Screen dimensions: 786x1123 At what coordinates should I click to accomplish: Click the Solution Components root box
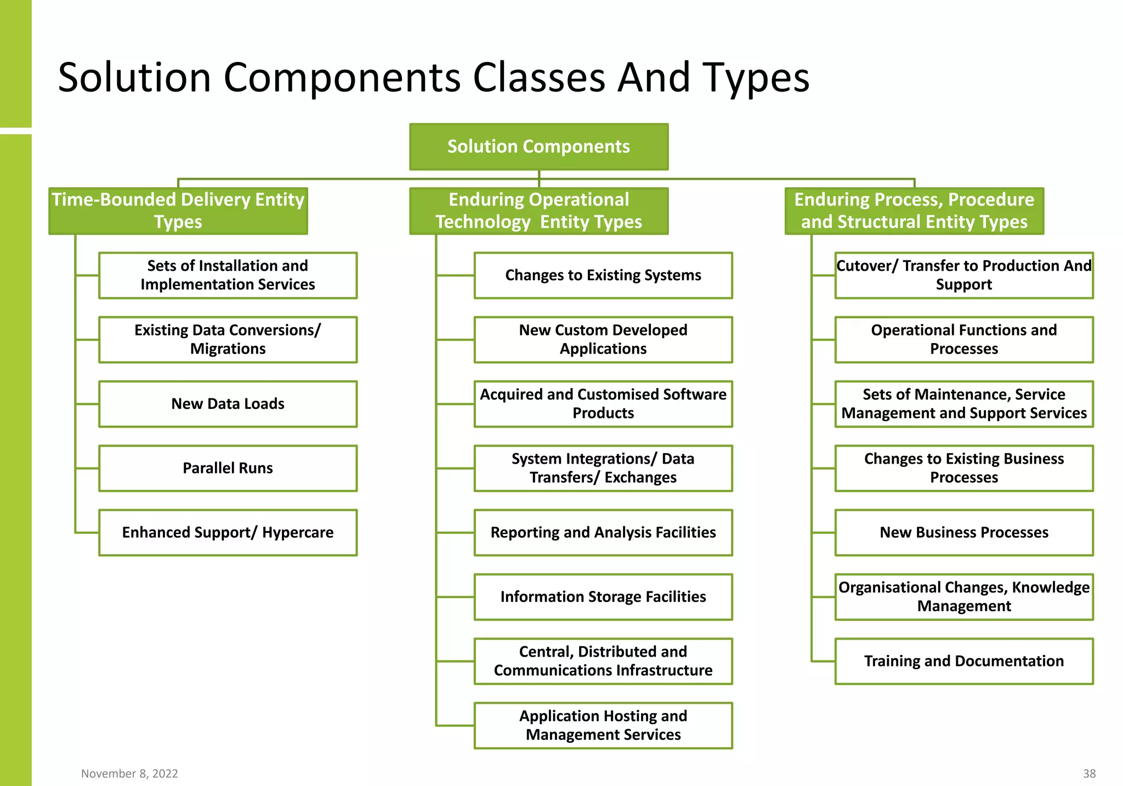[x=538, y=146]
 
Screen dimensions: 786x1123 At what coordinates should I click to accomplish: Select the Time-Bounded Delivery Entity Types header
[x=178, y=211]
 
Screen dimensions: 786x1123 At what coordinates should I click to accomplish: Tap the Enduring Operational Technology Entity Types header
[x=538, y=211]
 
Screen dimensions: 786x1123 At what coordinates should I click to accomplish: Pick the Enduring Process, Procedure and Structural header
[x=914, y=211]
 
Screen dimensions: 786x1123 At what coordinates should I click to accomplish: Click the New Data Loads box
[x=228, y=404]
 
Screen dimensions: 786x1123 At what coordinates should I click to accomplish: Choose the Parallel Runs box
[x=228, y=468]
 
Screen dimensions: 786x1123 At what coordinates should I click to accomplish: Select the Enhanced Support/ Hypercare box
[x=228, y=532]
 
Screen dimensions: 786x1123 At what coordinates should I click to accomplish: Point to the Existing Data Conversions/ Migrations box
[x=228, y=339]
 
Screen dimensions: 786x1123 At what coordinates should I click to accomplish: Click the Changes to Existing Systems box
[x=603, y=275]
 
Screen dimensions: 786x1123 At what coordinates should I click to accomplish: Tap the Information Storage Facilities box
[x=603, y=597]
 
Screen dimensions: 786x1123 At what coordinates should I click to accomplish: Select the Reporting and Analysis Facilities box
[x=603, y=532]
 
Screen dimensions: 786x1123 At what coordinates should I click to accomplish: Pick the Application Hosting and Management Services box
[x=603, y=725]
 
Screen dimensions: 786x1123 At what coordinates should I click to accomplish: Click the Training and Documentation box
[x=964, y=661]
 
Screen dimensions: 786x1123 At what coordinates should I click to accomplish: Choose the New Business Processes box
[x=964, y=532]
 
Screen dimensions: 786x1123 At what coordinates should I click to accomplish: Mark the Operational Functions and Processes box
[x=964, y=339]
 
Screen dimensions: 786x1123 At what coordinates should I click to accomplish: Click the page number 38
[x=1089, y=773]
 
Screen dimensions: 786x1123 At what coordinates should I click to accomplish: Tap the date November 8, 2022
[x=129, y=773]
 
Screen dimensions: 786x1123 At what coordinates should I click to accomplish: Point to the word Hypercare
[x=298, y=533]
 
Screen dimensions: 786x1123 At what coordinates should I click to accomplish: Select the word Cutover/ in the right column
[x=867, y=266]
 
